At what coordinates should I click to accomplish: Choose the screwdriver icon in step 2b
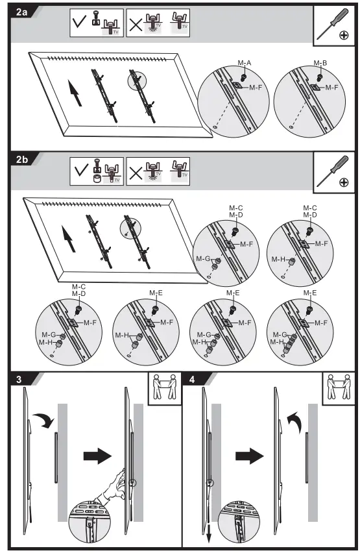(334, 171)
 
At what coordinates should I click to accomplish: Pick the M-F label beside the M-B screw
(332, 86)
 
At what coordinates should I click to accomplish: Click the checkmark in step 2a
(80, 24)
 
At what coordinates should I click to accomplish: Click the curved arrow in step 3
(45, 423)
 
